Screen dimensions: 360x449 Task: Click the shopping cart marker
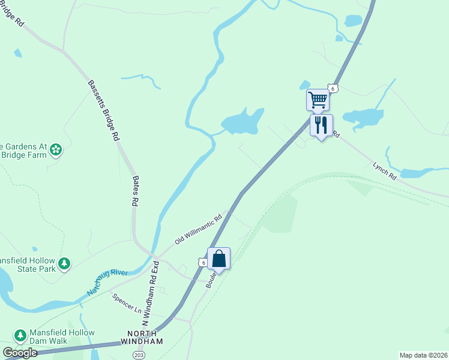point(318,99)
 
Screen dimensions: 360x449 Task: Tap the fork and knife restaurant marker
point(321,125)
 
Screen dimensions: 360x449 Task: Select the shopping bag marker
point(219,259)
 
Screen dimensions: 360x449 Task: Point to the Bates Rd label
point(134,190)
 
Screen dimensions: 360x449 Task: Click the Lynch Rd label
point(385,170)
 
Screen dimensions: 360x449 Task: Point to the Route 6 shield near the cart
point(334,88)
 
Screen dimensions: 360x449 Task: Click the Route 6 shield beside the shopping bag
point(203,263)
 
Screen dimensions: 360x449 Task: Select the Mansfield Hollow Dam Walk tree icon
point(20,335)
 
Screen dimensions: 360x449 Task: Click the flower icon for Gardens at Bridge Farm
point(56,149)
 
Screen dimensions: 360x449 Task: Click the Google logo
point(20,353)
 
